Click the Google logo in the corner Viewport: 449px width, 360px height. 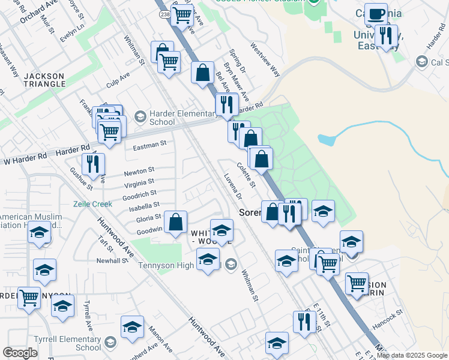[20, 353]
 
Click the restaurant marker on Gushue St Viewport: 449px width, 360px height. [93, 164]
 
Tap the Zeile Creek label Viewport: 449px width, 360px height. [92, 204]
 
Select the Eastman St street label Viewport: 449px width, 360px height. [149, 145]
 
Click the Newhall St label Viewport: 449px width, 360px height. [112, 261]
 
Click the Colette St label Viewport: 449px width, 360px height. [246, 175]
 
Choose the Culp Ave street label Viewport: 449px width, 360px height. [118, 79]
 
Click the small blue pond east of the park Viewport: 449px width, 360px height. [327, 140]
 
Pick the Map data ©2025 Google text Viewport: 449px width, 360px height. [412, 355]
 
